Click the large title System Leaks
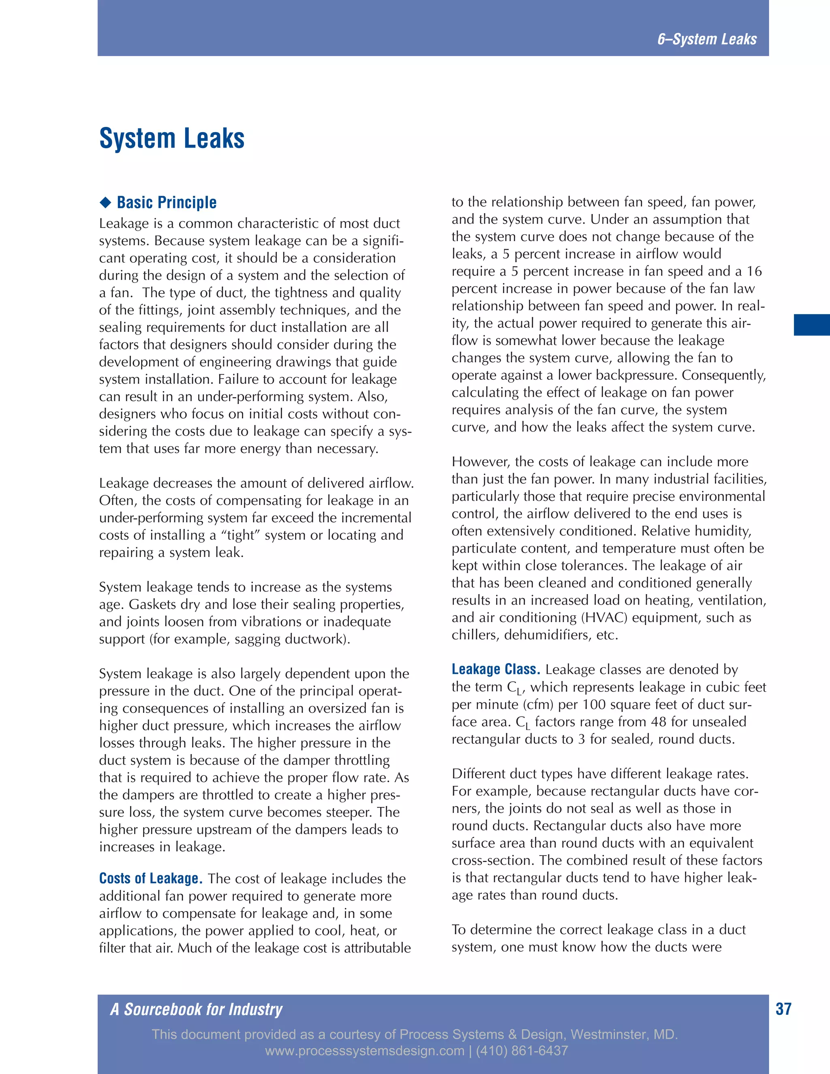point(172,138)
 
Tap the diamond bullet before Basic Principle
point(105,202)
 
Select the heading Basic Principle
point(167,202)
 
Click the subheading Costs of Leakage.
point(150,878)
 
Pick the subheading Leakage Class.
point(496,669)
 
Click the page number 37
point(783,1009)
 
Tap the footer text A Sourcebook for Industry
point(196,1009)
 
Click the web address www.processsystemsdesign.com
point(364,1051)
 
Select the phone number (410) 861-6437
point(522,1051)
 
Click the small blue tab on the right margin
point(811,325)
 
